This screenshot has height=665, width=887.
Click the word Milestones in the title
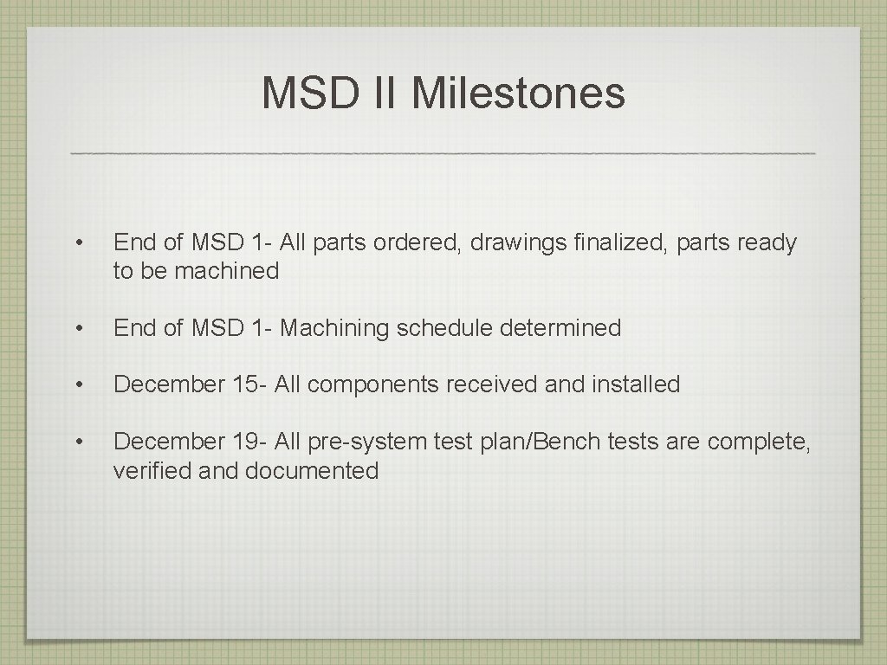pyautogui.click(x=518, y=94)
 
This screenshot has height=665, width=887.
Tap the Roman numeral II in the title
pyautogui.click(x=384, y=94)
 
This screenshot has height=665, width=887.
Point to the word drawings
pyautogui.click(x=518, y=243)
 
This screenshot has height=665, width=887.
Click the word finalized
pyautogui.click(x=623, y=243)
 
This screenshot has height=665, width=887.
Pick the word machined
pyautogui.click(x=227, y=271)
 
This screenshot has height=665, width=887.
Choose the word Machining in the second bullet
pyautogui.click(x=335, y=328)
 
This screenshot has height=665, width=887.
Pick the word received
pyautogui.click(x=492, y=384)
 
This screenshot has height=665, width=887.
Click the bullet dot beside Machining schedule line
pyautogui.click(x=79, y=329)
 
